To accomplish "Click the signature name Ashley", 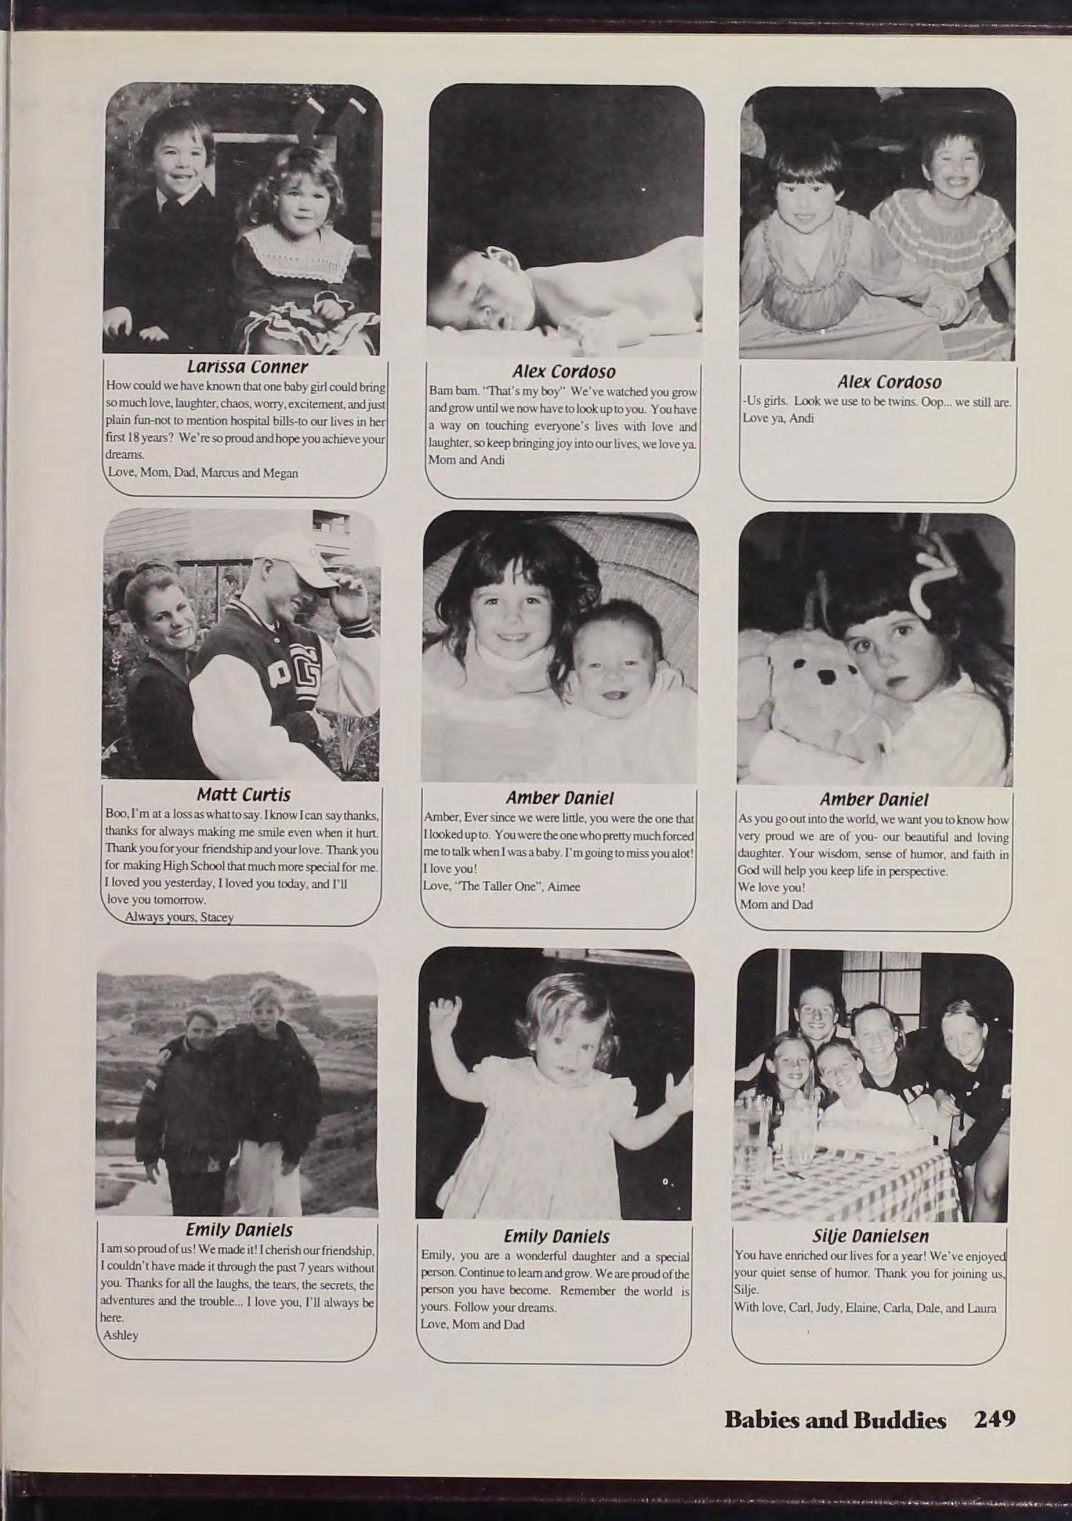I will pos(121,1335).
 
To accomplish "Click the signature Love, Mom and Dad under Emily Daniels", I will pos(473,1325).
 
